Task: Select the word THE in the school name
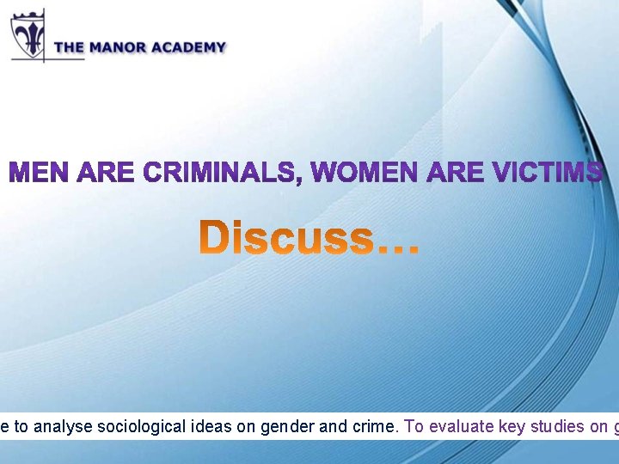pos(68,48)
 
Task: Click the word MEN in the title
pos(40,173)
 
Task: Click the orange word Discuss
pos(287,238)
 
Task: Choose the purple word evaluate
pos(452,427)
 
